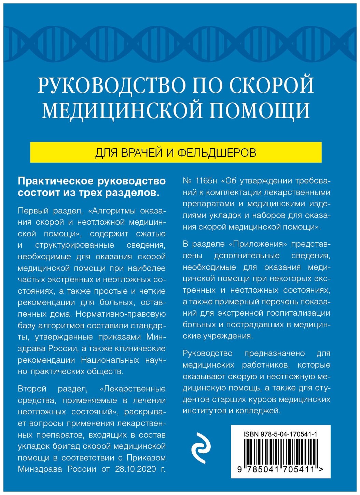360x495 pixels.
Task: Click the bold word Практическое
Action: tap(55, 181)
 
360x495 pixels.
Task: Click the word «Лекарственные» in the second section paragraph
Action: tap(133, 389)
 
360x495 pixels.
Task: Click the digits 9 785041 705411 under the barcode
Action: tap(280, 470)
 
